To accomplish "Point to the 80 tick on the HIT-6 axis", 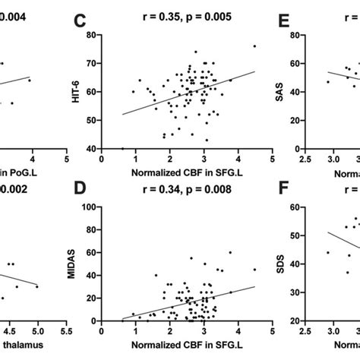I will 91,35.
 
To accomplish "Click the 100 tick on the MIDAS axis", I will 89,207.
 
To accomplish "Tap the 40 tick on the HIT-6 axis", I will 91,150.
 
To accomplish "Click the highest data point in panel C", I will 254,46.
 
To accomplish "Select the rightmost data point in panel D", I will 254,269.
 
